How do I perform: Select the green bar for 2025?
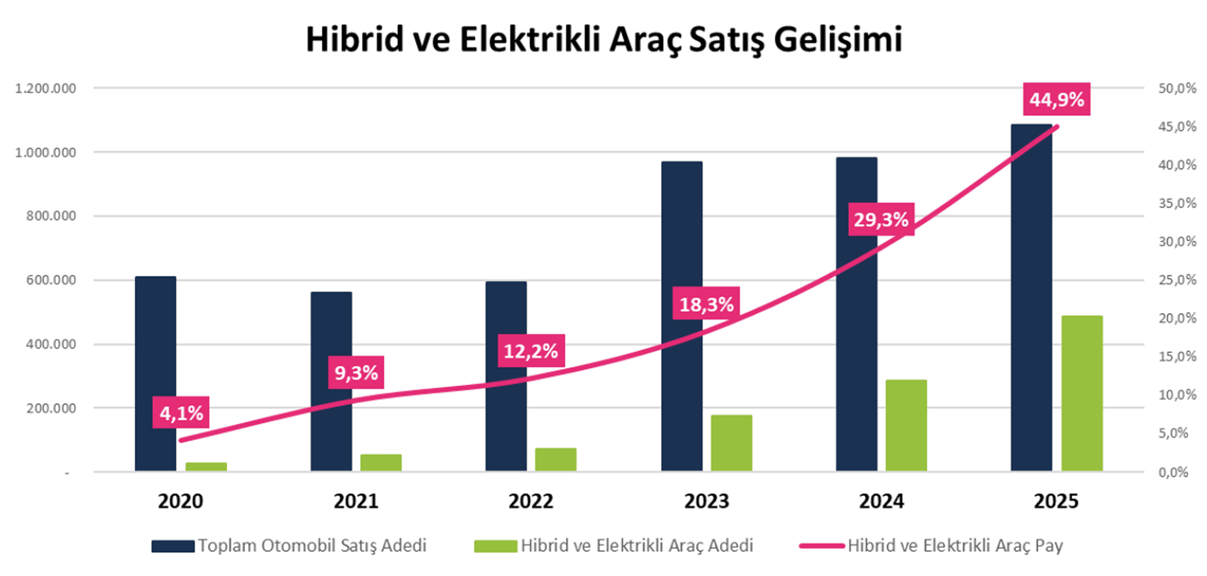[1082, 393]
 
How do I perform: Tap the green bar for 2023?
[731, 443]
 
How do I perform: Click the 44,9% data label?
[1057, 99]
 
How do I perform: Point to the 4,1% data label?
[181, 413]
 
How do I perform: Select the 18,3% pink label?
[706, 303]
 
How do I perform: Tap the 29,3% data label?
[881, 219]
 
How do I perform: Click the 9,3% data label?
[356, 372]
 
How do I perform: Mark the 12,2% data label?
[531, 350]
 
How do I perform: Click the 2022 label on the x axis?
[531, 501]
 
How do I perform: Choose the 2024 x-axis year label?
[881, 501]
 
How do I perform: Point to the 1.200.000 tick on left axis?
[45, 88]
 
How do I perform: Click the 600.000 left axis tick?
[51, 280]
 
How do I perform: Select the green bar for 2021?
[380, 462]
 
